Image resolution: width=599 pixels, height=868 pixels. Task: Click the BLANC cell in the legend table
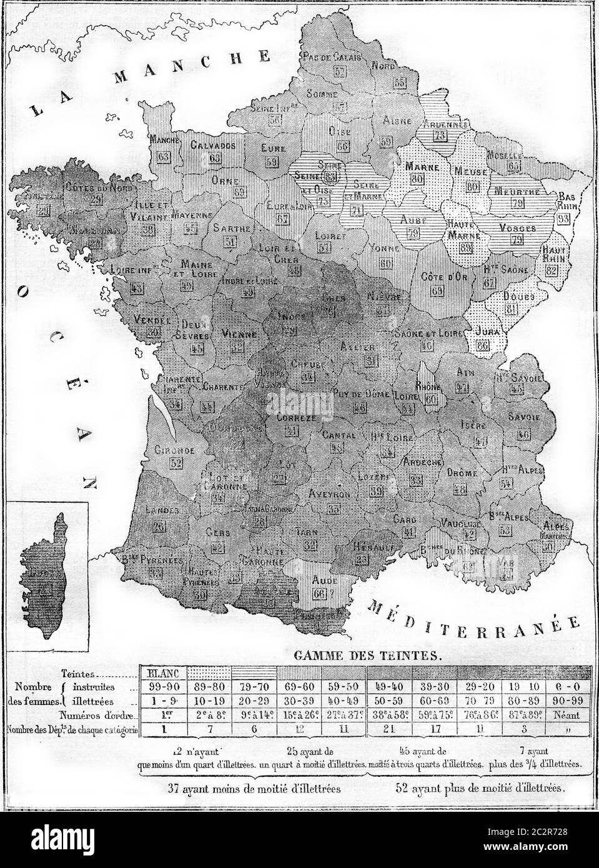(x=162, y=673)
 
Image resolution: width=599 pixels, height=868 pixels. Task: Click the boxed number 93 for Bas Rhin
(x=564, y=219)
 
